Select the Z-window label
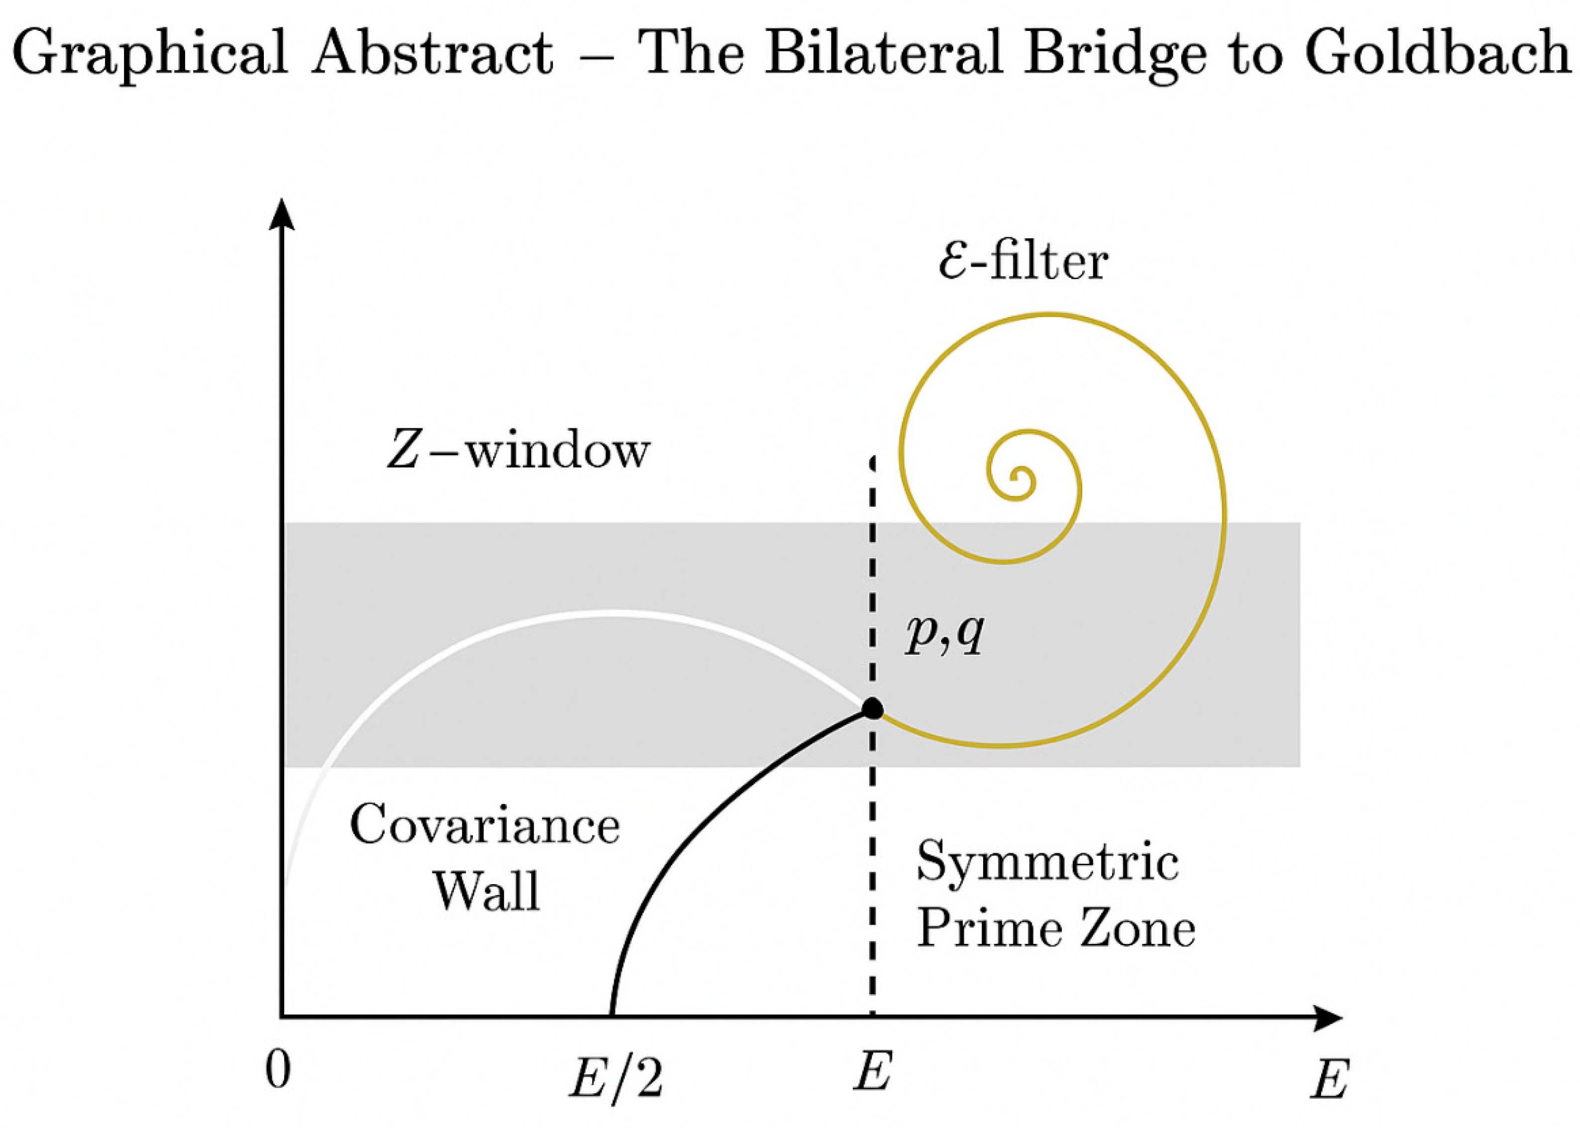518,451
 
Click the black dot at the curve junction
872,709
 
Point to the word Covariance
484,825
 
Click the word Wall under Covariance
486,891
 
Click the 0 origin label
278,1070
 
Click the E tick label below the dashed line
872,1070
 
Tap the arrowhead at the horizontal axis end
1329,1018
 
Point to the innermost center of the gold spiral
1020,479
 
